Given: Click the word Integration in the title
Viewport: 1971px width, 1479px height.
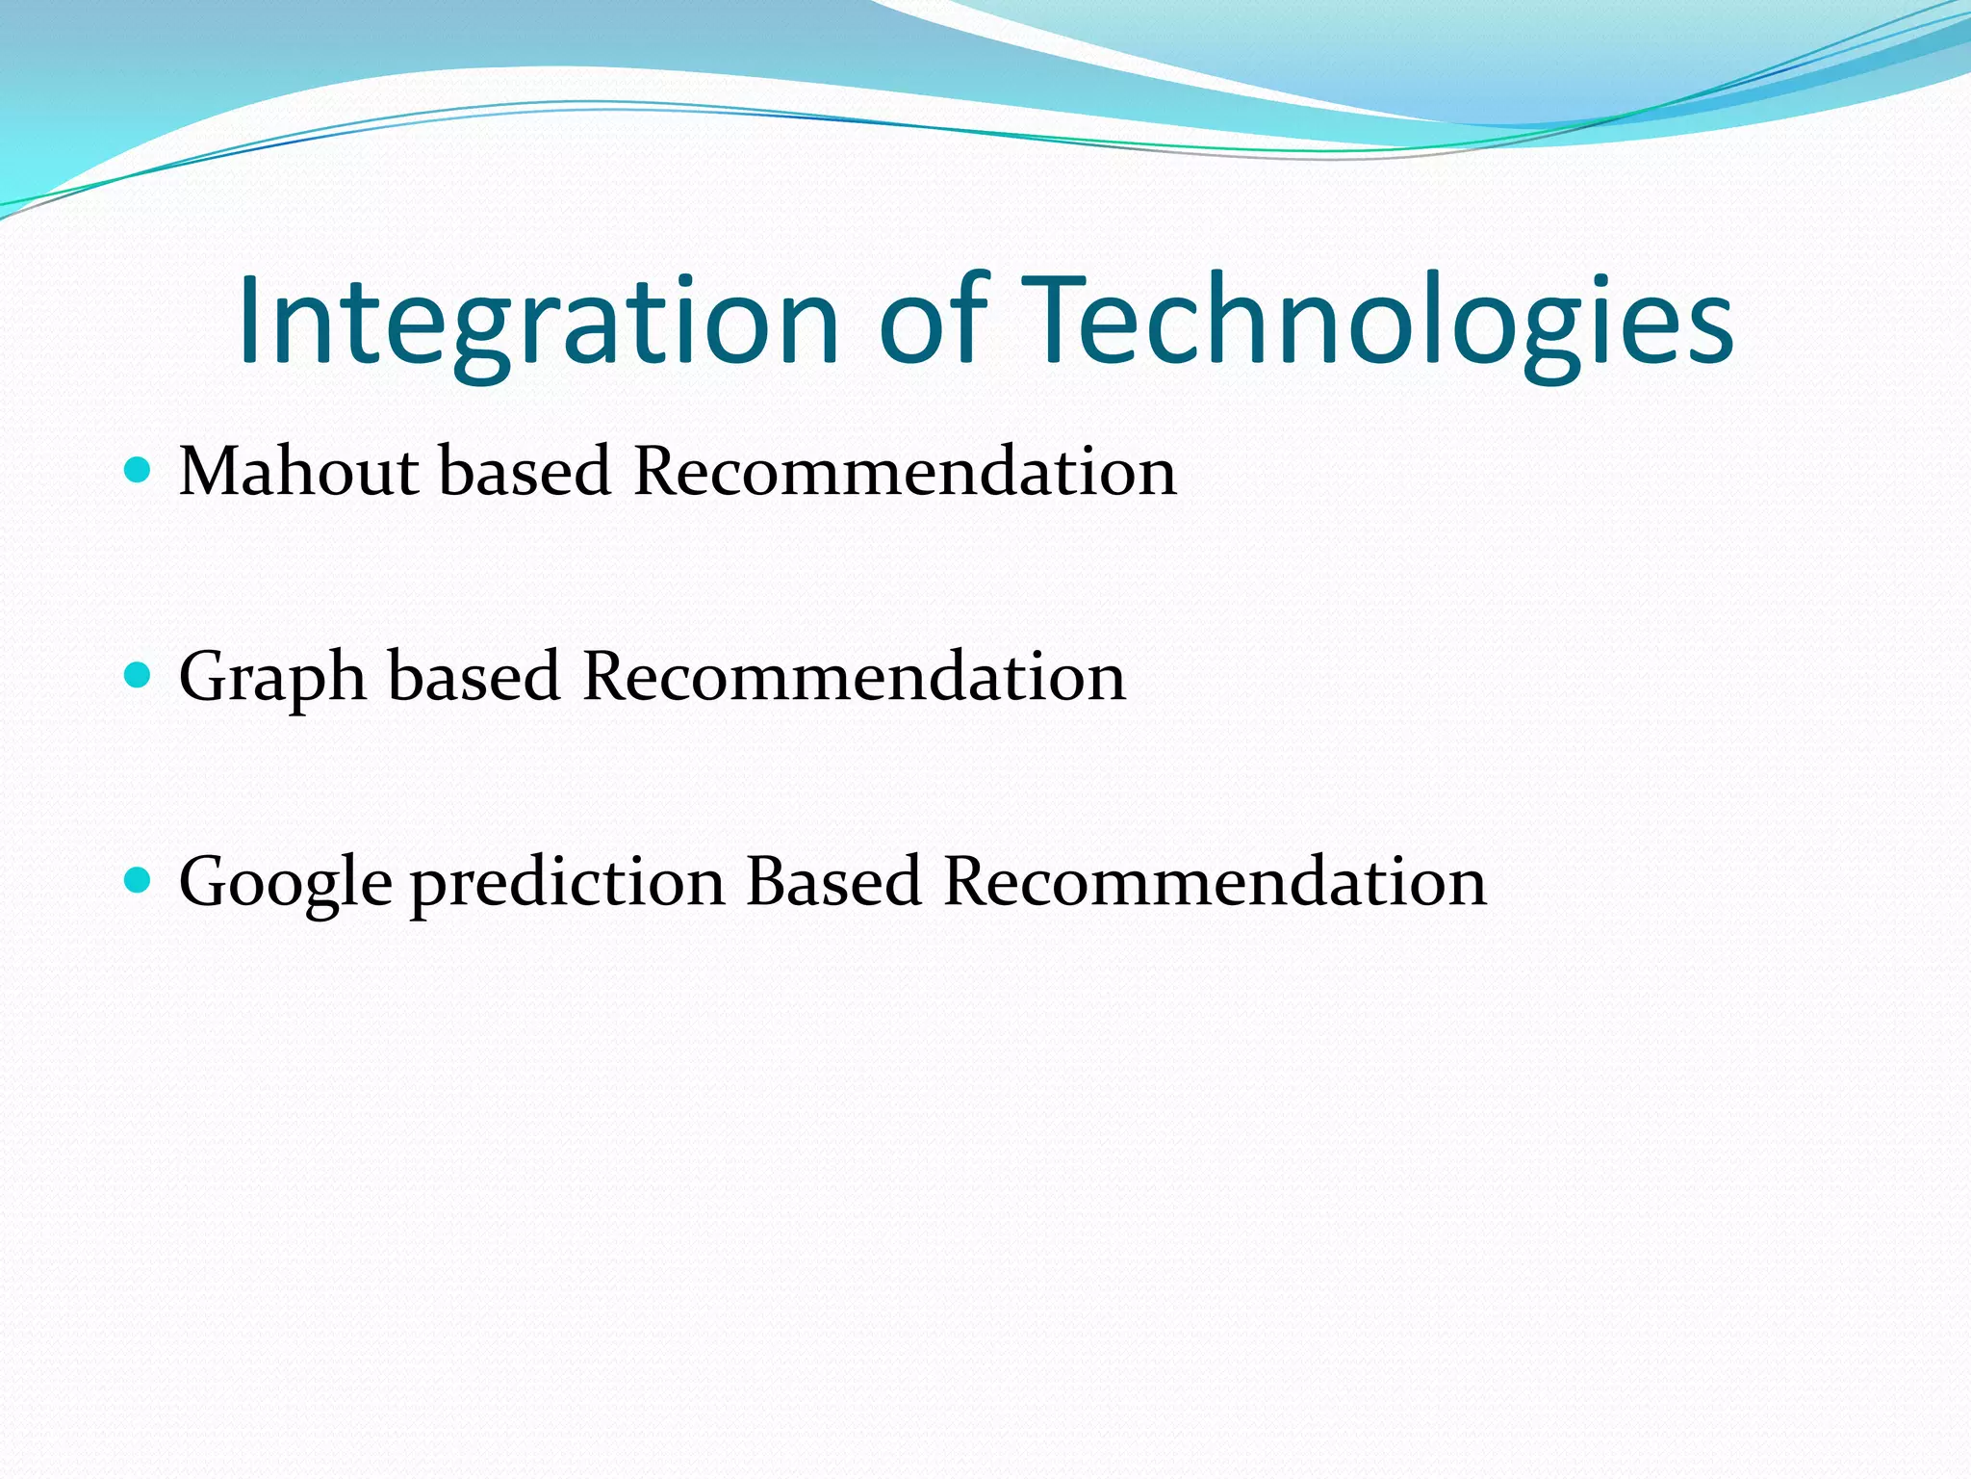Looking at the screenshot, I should tap(539, 323).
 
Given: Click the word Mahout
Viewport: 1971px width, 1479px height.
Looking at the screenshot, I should tap(299, 472).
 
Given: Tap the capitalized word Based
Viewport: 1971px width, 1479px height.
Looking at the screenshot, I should tap(833, 881).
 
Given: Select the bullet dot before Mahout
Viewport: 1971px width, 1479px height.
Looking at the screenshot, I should tap(139, 470).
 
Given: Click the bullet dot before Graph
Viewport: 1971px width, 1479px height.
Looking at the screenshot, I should tap(139, 675).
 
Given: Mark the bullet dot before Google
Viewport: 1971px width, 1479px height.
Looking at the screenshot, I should tap(139, 880).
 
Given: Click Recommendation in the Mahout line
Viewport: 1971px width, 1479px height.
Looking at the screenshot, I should tap(905, 472).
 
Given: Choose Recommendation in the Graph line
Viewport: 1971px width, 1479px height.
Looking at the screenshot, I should tap(854, 677).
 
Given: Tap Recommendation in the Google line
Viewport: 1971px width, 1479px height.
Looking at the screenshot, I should tap(1215, 882).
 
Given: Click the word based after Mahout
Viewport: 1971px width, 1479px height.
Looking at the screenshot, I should tap(525, 472).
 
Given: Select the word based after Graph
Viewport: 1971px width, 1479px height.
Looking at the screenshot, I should tap(474, 677).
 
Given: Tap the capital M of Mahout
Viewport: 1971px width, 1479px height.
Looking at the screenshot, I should tap(208, 472).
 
